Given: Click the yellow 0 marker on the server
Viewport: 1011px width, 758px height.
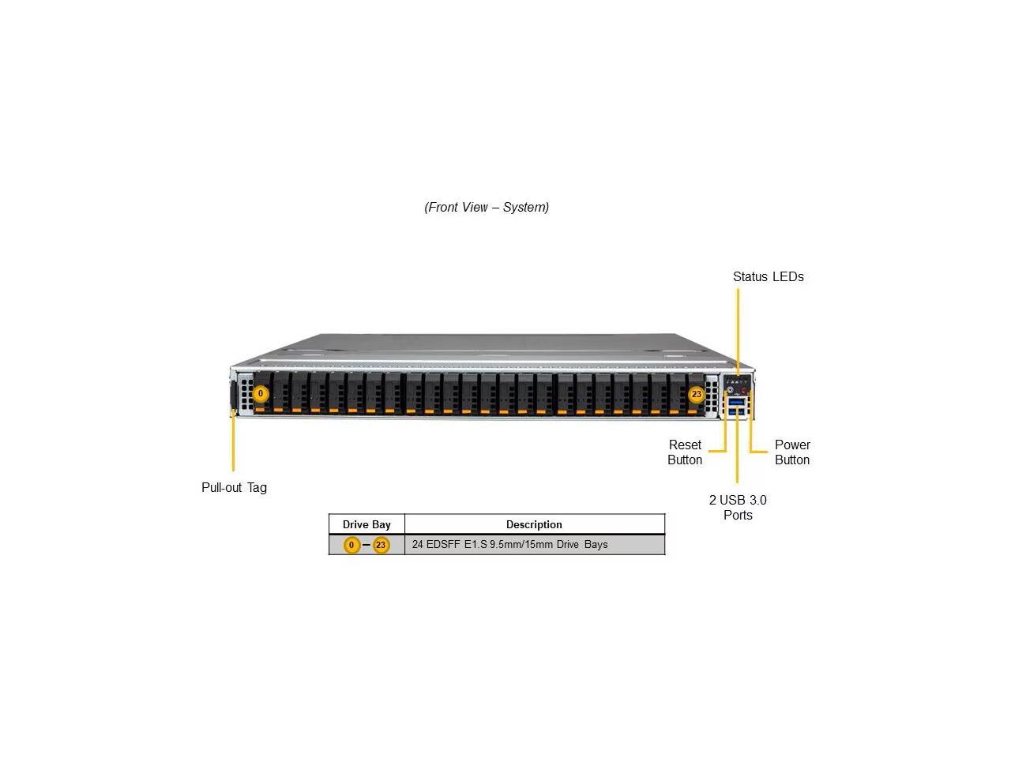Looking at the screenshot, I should [261, 394].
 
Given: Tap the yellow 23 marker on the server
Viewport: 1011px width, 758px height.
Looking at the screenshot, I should [696, 394].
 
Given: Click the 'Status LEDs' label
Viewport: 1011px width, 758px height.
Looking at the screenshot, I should [768, 276].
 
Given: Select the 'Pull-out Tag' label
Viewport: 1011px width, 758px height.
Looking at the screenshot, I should [234, 487].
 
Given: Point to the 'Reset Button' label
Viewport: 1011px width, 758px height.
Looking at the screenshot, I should [685, 452].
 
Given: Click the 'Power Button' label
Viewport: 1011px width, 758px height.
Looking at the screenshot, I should [792, 452].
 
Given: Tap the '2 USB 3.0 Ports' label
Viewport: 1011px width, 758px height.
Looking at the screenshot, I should [738, 507].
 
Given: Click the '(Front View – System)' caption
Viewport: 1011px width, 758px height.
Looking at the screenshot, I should [487, 207].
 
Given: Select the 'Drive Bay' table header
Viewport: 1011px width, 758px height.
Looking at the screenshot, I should [366, 524].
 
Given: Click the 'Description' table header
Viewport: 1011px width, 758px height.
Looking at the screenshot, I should [534, 524].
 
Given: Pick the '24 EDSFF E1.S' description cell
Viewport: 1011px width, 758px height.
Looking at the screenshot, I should [509, 544].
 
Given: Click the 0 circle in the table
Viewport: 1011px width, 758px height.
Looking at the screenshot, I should [352, 545].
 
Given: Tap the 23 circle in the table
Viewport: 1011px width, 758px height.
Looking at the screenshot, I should [381, 545].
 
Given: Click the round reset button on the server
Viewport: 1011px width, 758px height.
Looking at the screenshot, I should [730, 389].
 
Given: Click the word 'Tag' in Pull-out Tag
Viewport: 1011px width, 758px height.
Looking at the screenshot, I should [257, 487].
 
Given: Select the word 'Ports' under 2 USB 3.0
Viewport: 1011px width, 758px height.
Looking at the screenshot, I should [738, 515].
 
